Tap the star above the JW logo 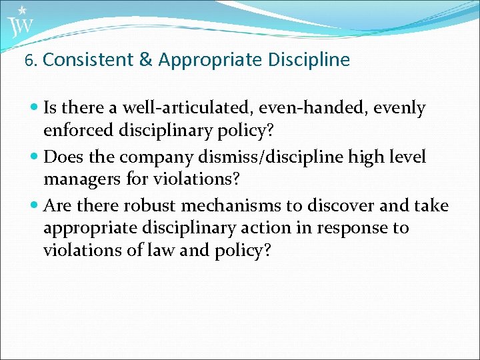[x=23, y=10]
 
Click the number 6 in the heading [x=29, y=61]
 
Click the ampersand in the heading [x=145, y=60]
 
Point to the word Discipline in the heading [x=309, y=60]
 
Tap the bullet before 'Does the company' [x=35, y=157]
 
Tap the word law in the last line [x=159, y=251]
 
